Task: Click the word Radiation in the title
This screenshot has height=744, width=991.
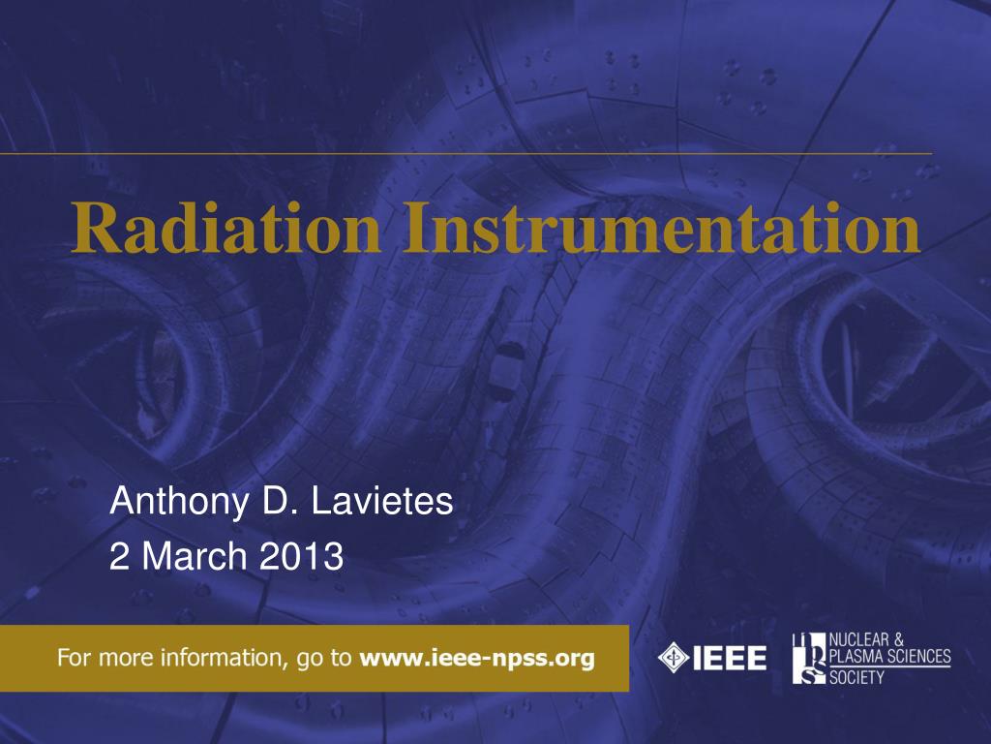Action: tap(225, 229)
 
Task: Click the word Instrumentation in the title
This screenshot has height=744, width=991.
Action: tap(661, 229)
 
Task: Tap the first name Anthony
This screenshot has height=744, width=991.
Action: tap(179, 503)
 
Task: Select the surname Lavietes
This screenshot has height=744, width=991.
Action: tap(382, 501)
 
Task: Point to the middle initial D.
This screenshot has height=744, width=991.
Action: tap(280, 501)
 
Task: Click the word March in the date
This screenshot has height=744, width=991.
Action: tap(194, 557)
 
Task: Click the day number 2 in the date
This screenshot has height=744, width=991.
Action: tap(118, 557)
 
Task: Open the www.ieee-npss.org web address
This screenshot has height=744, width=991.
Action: tap(477, 658)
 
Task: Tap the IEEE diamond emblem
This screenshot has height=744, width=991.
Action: tap(674, 658)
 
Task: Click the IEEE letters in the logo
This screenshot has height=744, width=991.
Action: tap(730, 659)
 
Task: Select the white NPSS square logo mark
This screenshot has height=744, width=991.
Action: tap(810, 658)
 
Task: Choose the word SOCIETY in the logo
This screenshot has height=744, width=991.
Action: tap(856, 677)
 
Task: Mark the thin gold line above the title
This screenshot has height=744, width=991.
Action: tap(465, 153)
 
